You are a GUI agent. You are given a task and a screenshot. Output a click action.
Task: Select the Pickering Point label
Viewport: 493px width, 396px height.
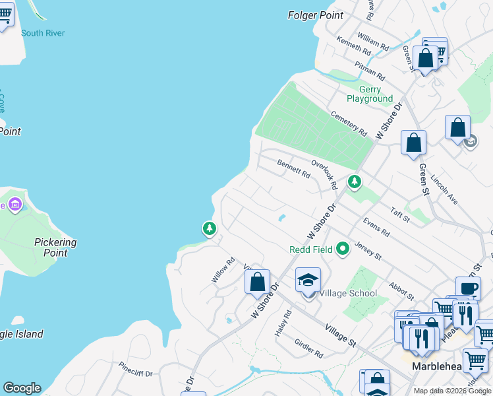click(x=55, y=247)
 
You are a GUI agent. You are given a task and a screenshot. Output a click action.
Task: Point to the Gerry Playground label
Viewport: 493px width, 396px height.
click(x=370, y=94)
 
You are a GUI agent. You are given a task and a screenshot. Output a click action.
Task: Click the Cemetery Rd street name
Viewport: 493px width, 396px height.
click(x=349, y=123)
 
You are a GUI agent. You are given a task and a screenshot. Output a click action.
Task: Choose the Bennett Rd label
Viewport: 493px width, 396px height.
click(x=293, y=169)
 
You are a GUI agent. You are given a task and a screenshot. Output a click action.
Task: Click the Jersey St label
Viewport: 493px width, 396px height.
click(x=368, y=250)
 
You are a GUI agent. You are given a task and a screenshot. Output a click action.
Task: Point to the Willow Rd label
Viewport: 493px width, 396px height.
click(x=223, y=271)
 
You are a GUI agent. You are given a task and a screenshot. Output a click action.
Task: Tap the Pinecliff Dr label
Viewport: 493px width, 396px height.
click(x=135, y=369)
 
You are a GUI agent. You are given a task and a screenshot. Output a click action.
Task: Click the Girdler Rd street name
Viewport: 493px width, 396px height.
click(x=309, y=348)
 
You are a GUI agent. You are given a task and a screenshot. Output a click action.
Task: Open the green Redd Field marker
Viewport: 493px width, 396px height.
click(x=342, y=249)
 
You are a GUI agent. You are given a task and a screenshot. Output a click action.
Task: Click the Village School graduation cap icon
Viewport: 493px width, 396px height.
click(x=308, y=280)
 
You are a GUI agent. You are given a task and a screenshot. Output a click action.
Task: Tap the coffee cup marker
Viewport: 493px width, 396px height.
click(x=468, y=288)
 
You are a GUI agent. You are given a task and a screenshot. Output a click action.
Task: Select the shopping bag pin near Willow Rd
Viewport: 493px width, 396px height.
click(x=258, y=282)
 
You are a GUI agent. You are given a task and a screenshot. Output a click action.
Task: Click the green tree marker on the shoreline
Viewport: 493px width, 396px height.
click(x=210, y=228)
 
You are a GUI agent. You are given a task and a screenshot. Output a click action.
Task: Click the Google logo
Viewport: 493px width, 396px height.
click(x=22, y=388)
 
